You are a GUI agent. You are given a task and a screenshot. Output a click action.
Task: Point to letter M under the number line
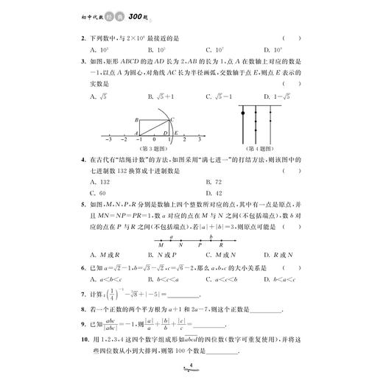click(x=160, y=246)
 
